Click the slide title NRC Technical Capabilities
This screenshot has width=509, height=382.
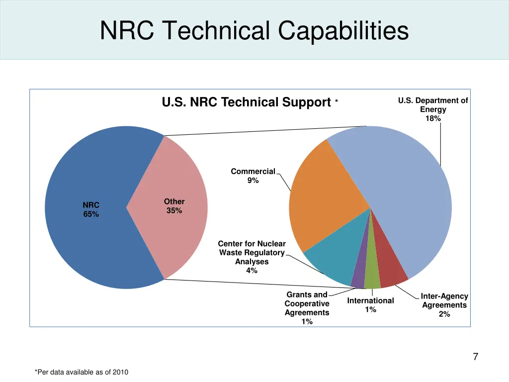254,30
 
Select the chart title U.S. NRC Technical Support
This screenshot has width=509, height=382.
246,102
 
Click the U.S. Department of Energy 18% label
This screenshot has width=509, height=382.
433,109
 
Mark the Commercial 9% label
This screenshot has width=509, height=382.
253,176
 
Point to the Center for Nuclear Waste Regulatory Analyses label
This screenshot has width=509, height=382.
252,257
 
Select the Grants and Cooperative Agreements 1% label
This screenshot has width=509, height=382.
307,308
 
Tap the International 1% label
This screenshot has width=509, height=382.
370,305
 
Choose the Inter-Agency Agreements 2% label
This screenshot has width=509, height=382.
444,305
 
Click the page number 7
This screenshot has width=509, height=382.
475,357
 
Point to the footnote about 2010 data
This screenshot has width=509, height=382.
82,372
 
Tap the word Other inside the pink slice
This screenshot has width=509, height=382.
174,201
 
